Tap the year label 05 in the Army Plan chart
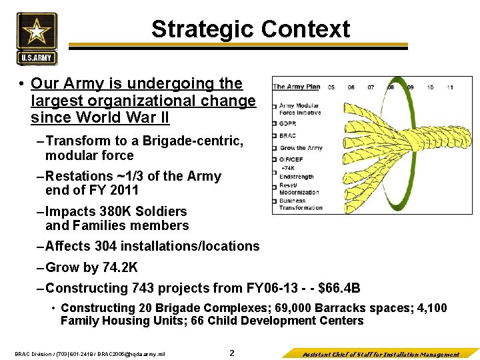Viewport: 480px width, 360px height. coord(332,87)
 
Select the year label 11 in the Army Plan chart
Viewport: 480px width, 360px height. coord(450,87)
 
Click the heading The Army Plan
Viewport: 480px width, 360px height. coord(297,87)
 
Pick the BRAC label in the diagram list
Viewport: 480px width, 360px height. coord(288,136)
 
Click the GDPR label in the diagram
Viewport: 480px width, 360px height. coord(289,124)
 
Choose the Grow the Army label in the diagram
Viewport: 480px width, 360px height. coord(301,148)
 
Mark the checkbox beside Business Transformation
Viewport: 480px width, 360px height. coord(274,201)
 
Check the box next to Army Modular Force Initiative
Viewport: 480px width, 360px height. coord(274,106)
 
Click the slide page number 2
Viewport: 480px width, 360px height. coord(232,353)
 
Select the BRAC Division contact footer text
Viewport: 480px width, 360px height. coord(89,354)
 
